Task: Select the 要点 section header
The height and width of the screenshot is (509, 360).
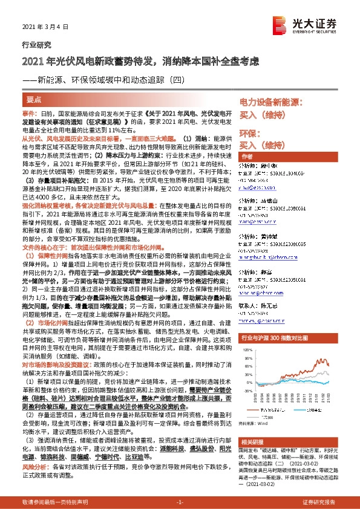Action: click(x=35, y=99)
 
